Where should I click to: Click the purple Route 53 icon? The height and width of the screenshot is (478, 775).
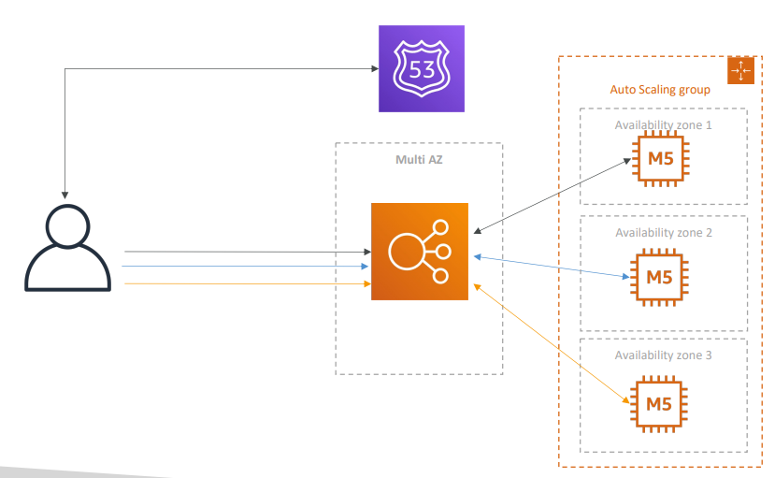(421, 68)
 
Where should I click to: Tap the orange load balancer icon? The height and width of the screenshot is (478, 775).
(419, 251)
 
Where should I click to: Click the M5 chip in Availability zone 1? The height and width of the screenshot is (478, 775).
(660, 159)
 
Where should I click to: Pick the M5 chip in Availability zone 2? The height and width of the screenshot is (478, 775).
(660, 277)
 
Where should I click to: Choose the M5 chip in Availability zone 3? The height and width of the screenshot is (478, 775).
(660, 403)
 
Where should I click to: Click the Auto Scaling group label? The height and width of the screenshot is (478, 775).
(659, 90)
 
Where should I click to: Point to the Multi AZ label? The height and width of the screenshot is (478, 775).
(419, 160)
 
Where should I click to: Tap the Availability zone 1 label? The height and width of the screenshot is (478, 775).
(663, 124)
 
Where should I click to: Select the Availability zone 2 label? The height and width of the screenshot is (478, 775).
(663, 232)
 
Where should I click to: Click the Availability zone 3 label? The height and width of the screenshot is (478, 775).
(663, 355)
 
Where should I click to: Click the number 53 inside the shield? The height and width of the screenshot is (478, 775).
(421, 68)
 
